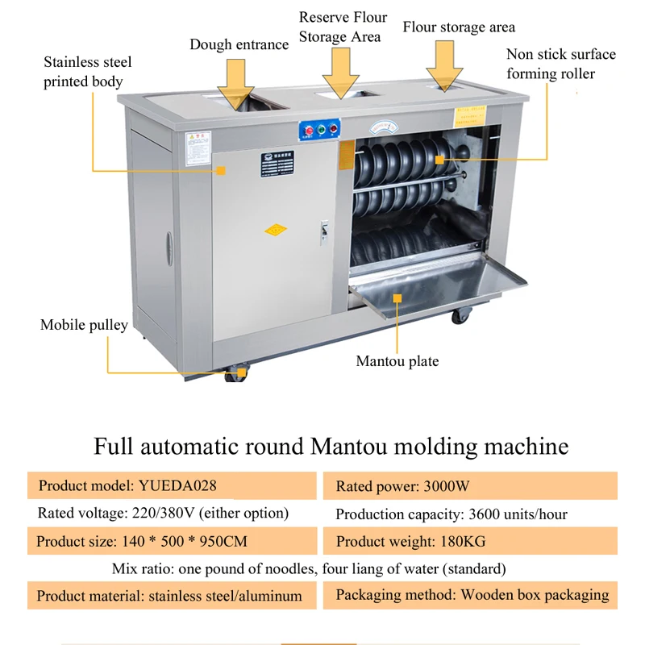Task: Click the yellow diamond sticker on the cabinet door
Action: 276,230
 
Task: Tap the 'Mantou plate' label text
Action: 397,361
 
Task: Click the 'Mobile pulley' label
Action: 84,325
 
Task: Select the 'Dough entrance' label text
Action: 239,44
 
